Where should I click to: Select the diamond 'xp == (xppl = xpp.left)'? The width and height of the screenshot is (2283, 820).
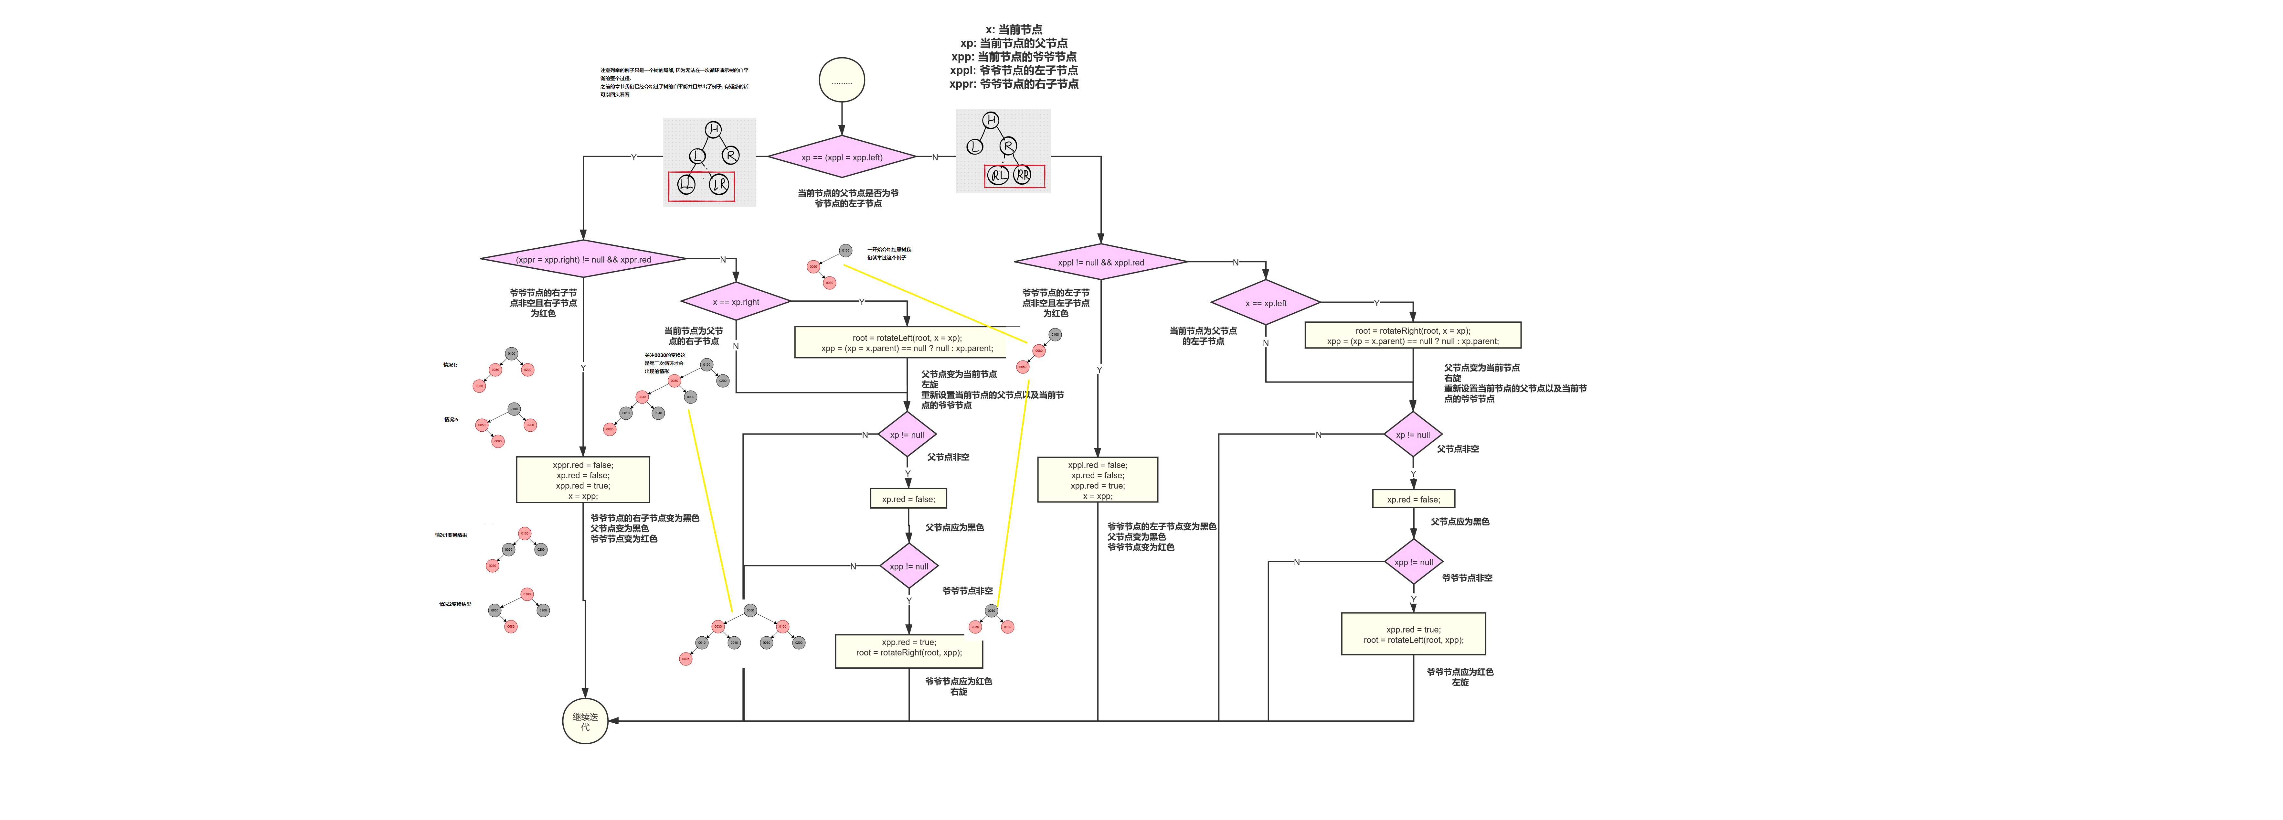tap(841, 157)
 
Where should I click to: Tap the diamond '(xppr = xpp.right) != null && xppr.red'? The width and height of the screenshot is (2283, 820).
tap(583, 259)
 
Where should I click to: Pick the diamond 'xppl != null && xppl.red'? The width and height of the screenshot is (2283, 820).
tap(1100, 263)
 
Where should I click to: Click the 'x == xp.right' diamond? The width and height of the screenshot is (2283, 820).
tap(736, 301)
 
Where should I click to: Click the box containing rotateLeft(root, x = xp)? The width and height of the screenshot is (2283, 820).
tap(907, 342)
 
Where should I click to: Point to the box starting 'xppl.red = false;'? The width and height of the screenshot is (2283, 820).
tap(1097, 480)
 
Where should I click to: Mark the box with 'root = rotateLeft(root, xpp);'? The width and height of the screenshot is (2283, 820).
tap(1413, 634)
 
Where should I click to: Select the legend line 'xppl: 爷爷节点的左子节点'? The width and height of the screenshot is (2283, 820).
tap(1014, 70)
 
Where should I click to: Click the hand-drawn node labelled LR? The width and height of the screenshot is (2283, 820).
tap(719, 184)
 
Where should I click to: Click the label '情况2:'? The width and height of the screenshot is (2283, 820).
tap(451, 419)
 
